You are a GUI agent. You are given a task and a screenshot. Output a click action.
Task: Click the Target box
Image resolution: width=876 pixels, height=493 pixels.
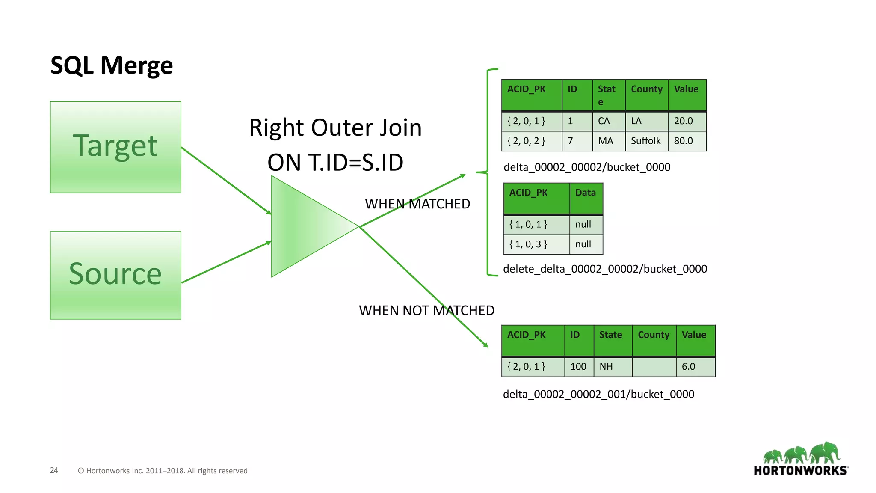[115, 147]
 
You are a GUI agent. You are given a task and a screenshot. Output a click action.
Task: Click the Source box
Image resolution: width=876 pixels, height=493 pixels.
[115, 275]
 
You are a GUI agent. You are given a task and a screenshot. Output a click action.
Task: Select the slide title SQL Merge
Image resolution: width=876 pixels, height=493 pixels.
[112, 65]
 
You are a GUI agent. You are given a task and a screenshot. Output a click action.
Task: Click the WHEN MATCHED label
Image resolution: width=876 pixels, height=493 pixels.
[417, 204]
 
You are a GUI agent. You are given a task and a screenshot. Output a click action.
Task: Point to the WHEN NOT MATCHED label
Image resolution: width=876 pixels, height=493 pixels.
[426, 310]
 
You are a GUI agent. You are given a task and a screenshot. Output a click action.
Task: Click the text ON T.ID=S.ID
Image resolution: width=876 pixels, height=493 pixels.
[335, 163]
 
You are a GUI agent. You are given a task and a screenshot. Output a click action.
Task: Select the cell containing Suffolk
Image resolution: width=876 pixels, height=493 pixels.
[646, 141]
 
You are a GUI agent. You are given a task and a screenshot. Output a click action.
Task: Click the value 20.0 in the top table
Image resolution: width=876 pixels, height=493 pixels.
[684, 121]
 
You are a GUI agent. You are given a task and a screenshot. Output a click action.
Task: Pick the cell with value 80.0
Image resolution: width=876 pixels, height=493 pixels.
[684, 141]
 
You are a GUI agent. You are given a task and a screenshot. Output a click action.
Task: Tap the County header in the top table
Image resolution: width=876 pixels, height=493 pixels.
[646, 89]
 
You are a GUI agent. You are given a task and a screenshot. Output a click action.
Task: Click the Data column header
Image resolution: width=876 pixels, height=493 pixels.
[585, 193]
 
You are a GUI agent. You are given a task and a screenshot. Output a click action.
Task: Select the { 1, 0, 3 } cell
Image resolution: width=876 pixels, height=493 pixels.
[528, 244]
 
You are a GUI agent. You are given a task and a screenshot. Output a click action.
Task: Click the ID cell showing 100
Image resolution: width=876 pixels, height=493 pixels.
[578, 367]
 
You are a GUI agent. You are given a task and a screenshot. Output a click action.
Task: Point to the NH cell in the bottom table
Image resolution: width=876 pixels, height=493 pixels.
[607, 367]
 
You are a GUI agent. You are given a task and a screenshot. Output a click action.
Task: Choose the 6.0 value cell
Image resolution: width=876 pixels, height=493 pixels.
[689, 367]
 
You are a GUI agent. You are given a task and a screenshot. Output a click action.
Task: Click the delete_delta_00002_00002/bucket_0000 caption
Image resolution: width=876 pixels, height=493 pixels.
[605, 269]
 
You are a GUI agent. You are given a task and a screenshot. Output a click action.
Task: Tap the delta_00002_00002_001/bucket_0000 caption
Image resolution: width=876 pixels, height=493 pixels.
[598, 394]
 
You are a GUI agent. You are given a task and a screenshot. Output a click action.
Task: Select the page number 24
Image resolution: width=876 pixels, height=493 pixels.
[54, 470]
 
